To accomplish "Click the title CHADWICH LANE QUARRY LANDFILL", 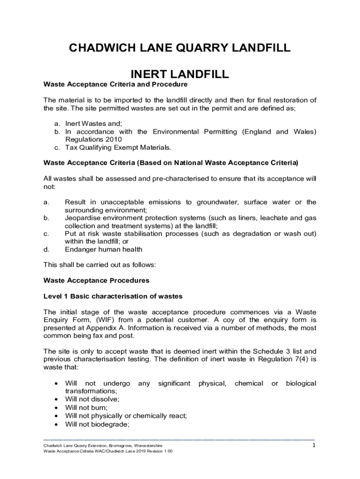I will (x=180, y=48).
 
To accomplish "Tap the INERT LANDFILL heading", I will (x=180, y=74).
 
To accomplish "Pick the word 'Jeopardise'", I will (x=83, y=218).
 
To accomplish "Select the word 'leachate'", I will (x=274, y=218).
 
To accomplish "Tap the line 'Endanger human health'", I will (x=103, y=249).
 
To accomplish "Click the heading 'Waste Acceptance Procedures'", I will (x=96, y=281).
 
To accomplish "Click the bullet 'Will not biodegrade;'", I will (x=97, y=424).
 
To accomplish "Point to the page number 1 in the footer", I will (x=314, y=446).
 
